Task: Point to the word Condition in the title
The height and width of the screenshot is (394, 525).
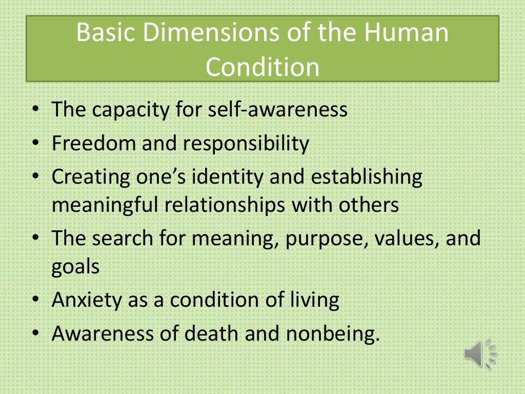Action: click(x=262, y=67)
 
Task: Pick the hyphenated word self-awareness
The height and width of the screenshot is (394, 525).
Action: click(x=277, y=110)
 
